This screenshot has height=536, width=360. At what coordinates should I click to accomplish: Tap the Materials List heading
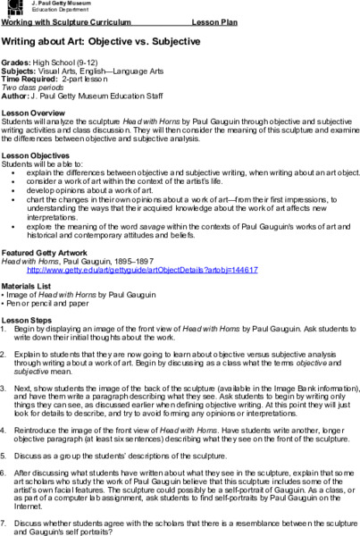tap(33, 285)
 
